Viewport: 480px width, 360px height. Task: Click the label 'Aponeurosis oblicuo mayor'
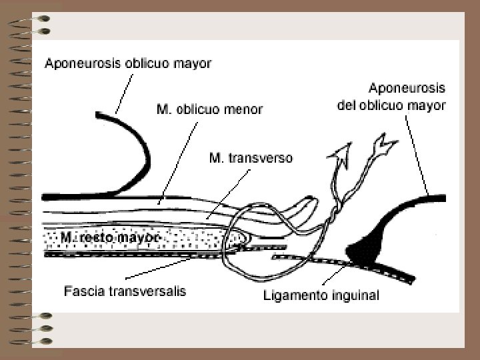(128, 64)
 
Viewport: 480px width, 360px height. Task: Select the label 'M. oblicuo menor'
(209, 109)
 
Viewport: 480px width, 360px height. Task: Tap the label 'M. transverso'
(251, 159)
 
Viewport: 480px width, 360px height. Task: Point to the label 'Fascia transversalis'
(125, 291)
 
